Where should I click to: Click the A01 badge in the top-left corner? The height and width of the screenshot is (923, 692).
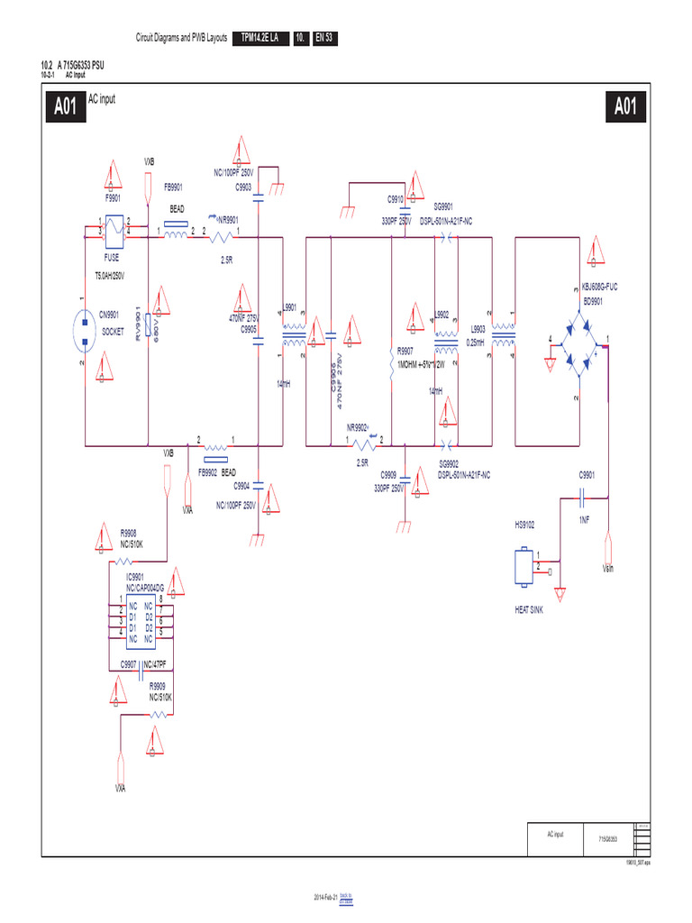click(65, 107)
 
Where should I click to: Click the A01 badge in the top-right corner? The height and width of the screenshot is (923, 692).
click(625, 107)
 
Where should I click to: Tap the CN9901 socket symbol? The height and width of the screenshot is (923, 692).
click(84, 331)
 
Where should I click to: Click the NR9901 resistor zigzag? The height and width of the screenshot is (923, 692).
click(221, 236)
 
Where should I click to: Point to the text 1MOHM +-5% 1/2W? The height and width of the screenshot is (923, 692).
click(422, 365)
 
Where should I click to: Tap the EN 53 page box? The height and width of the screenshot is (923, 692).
click(324, 38)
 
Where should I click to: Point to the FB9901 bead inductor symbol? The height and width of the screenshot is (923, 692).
click(174, 236)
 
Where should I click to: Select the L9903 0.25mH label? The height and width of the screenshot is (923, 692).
click(478, 336)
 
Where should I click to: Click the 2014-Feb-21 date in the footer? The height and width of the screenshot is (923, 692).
click(324, 899)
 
